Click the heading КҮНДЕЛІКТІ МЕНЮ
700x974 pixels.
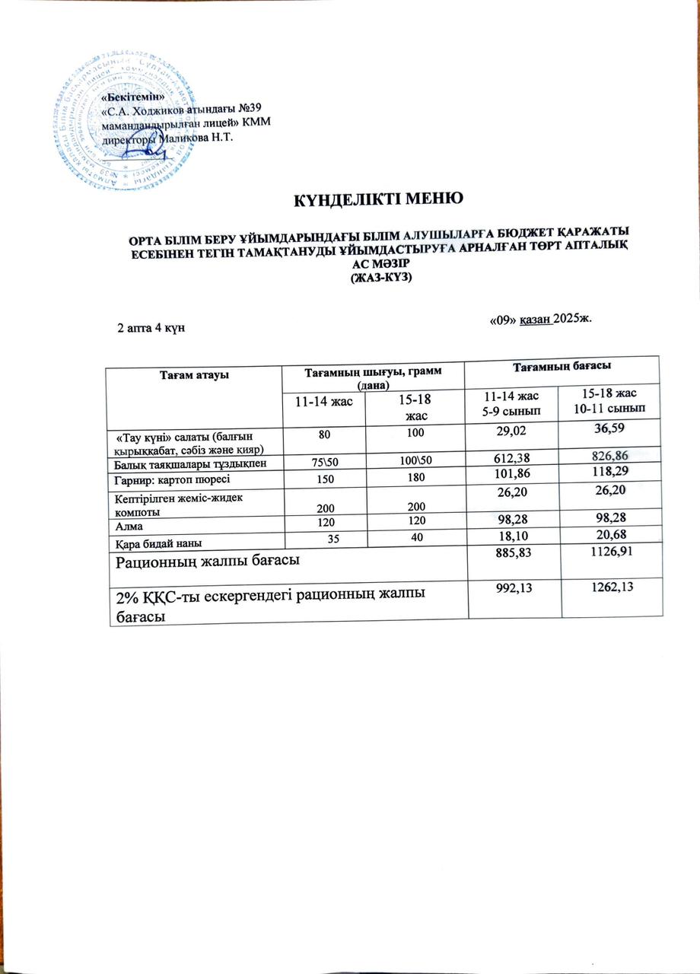(380, 201)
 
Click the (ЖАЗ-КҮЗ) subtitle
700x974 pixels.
(380, 279)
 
